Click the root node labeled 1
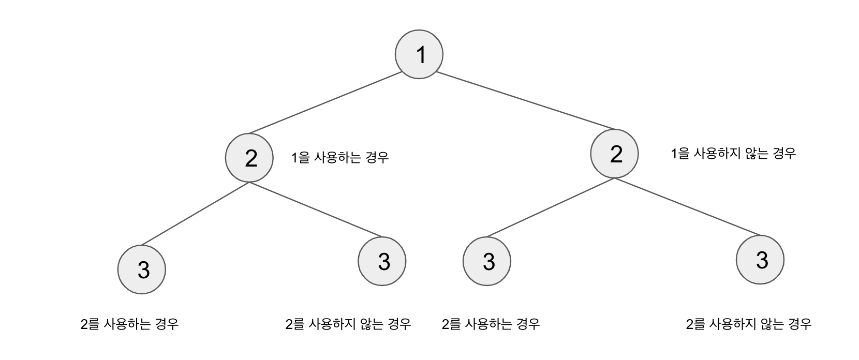pyautogui.click(x=419, y=54)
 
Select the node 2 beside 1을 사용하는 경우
pyautogui.click(x=249, y=158)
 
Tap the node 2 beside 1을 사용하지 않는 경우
pyautogui.click(x=614, y=154)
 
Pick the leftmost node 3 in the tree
pyautogui.click(x=142, y=269)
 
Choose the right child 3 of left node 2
pyautogui.click(x=382, y=261)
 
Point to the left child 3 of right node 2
pyautogui.click(x=487, y=261)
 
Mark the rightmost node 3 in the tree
pyautogui.click(x=760, y=260)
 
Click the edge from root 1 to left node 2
pyautogui.click(x=325, y=103)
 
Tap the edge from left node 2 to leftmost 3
pyautogui.click(x=196, y=213)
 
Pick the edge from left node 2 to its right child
pyautogui.click(x=316, y=209)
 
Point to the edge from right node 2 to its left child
pyautogui.click(x=551, y=207)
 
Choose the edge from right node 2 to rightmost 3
pyautogui.click(x=687, y=206)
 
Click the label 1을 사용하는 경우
pyautogui.click(x=339, y=157)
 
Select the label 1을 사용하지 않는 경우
pyautogui.click(x=733, y=154)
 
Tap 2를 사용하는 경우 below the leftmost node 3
pyautogui.click(x=129, y=324)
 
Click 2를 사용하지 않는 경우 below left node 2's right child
pyautogui.click(x=348, y=324)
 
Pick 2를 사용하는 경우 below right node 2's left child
pyautogui.click(x=491, y=324)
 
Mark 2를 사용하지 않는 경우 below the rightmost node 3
pyautogui.click(x=748, y=324)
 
